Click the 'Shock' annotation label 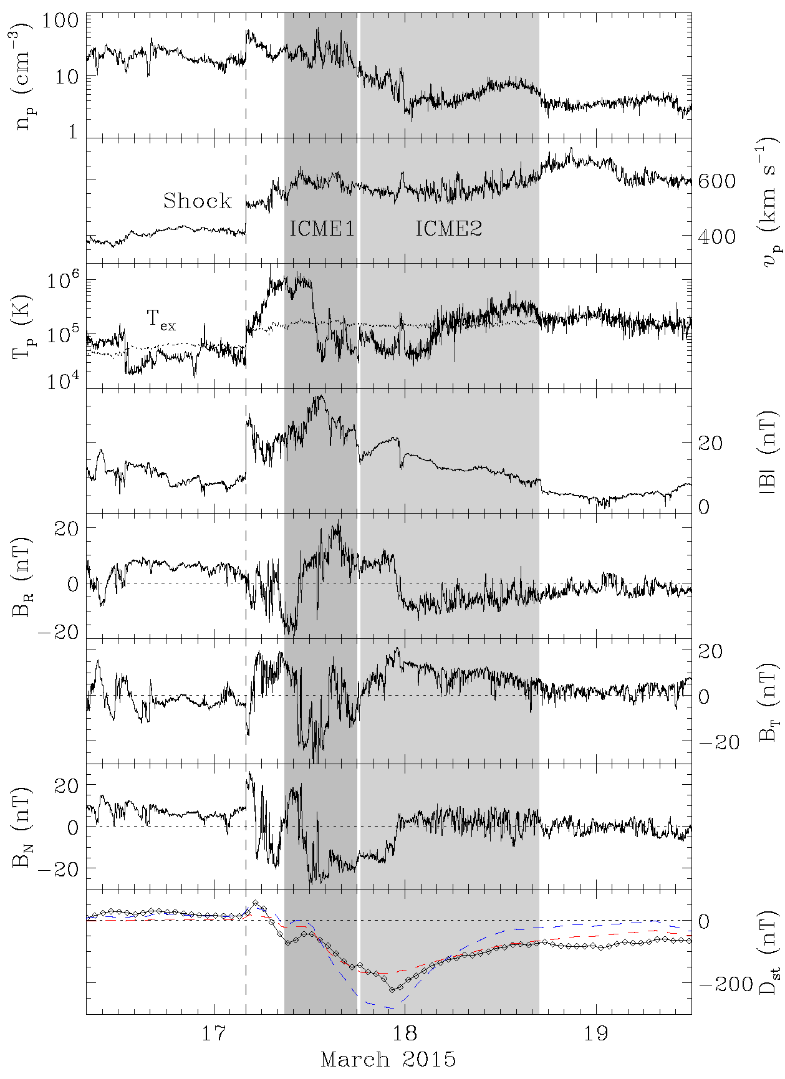click(198, 201)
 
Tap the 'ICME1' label click(322, 229)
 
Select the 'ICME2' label click(449, 229)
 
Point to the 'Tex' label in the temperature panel click(161, 319)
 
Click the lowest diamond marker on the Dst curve click(392, 989)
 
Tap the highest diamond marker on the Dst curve click(256, 903)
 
